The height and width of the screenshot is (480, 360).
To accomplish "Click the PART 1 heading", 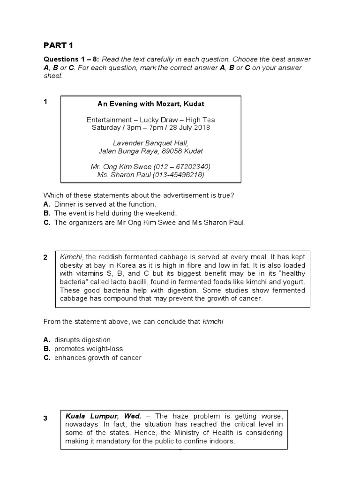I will pyautogui.click(x=59, y=45).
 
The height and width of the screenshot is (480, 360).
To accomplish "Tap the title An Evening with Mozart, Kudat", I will pyautogui.click(x=150, y=104).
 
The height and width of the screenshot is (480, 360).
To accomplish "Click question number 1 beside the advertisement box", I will pyautogui.click(x=45, y=102).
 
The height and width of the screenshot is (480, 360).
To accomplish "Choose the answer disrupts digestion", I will pyautogui.click(x=82, y=340).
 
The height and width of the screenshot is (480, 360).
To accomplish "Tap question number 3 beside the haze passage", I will pyautogui.click(x=45, y=419).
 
